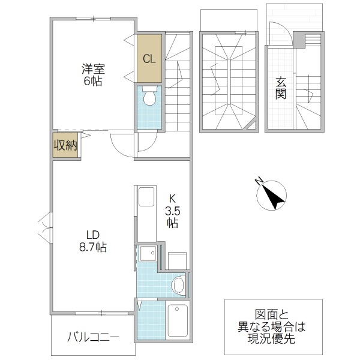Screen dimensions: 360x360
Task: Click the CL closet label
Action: pyautogui.click(x=149, y=59)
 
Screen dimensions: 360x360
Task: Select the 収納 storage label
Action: pyautogui.click(x=65, y=145)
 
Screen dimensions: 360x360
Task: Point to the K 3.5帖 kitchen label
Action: pyautogui.click(x=172, y=210)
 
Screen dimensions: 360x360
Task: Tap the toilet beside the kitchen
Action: pyautogui.click(x=178, y=284)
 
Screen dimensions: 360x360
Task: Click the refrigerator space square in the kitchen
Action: pyautogui.click(x=177, y=259)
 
